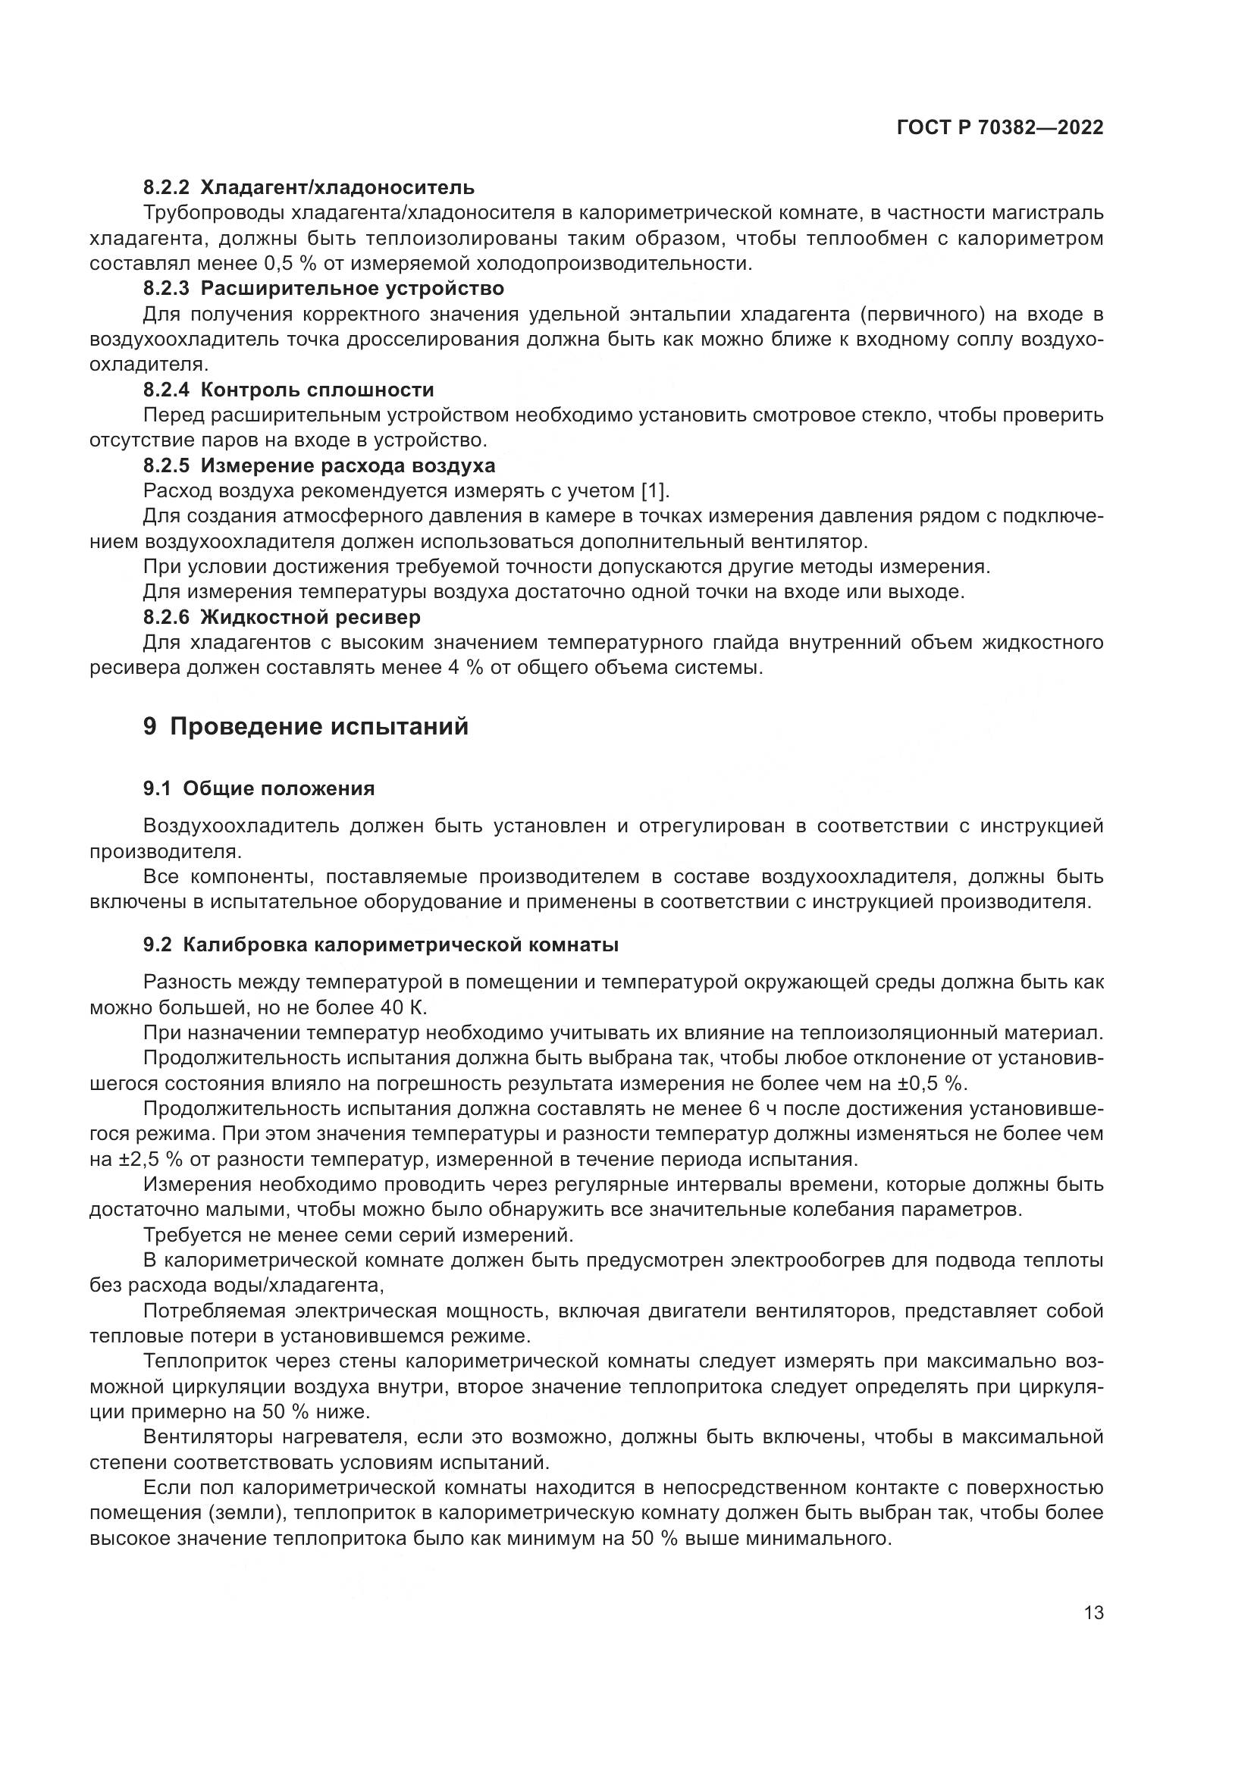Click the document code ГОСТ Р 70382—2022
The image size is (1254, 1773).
(x=1000, y=128)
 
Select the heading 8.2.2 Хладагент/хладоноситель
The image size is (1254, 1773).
(x=309, y=187)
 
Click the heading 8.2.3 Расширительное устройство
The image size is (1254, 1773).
(x=324, y=289)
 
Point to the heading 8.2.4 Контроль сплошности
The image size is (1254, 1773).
(x=289, y=389)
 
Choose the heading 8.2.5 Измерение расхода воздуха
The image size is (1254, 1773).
(x=319, y=465)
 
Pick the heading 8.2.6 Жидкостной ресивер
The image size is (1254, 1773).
(x=282, y=617)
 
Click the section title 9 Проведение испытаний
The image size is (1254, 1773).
(x=306, y=727)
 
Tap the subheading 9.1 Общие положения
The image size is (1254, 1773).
(x=259, y=788)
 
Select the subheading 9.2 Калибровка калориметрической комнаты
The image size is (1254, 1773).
(x=381, y=945)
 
